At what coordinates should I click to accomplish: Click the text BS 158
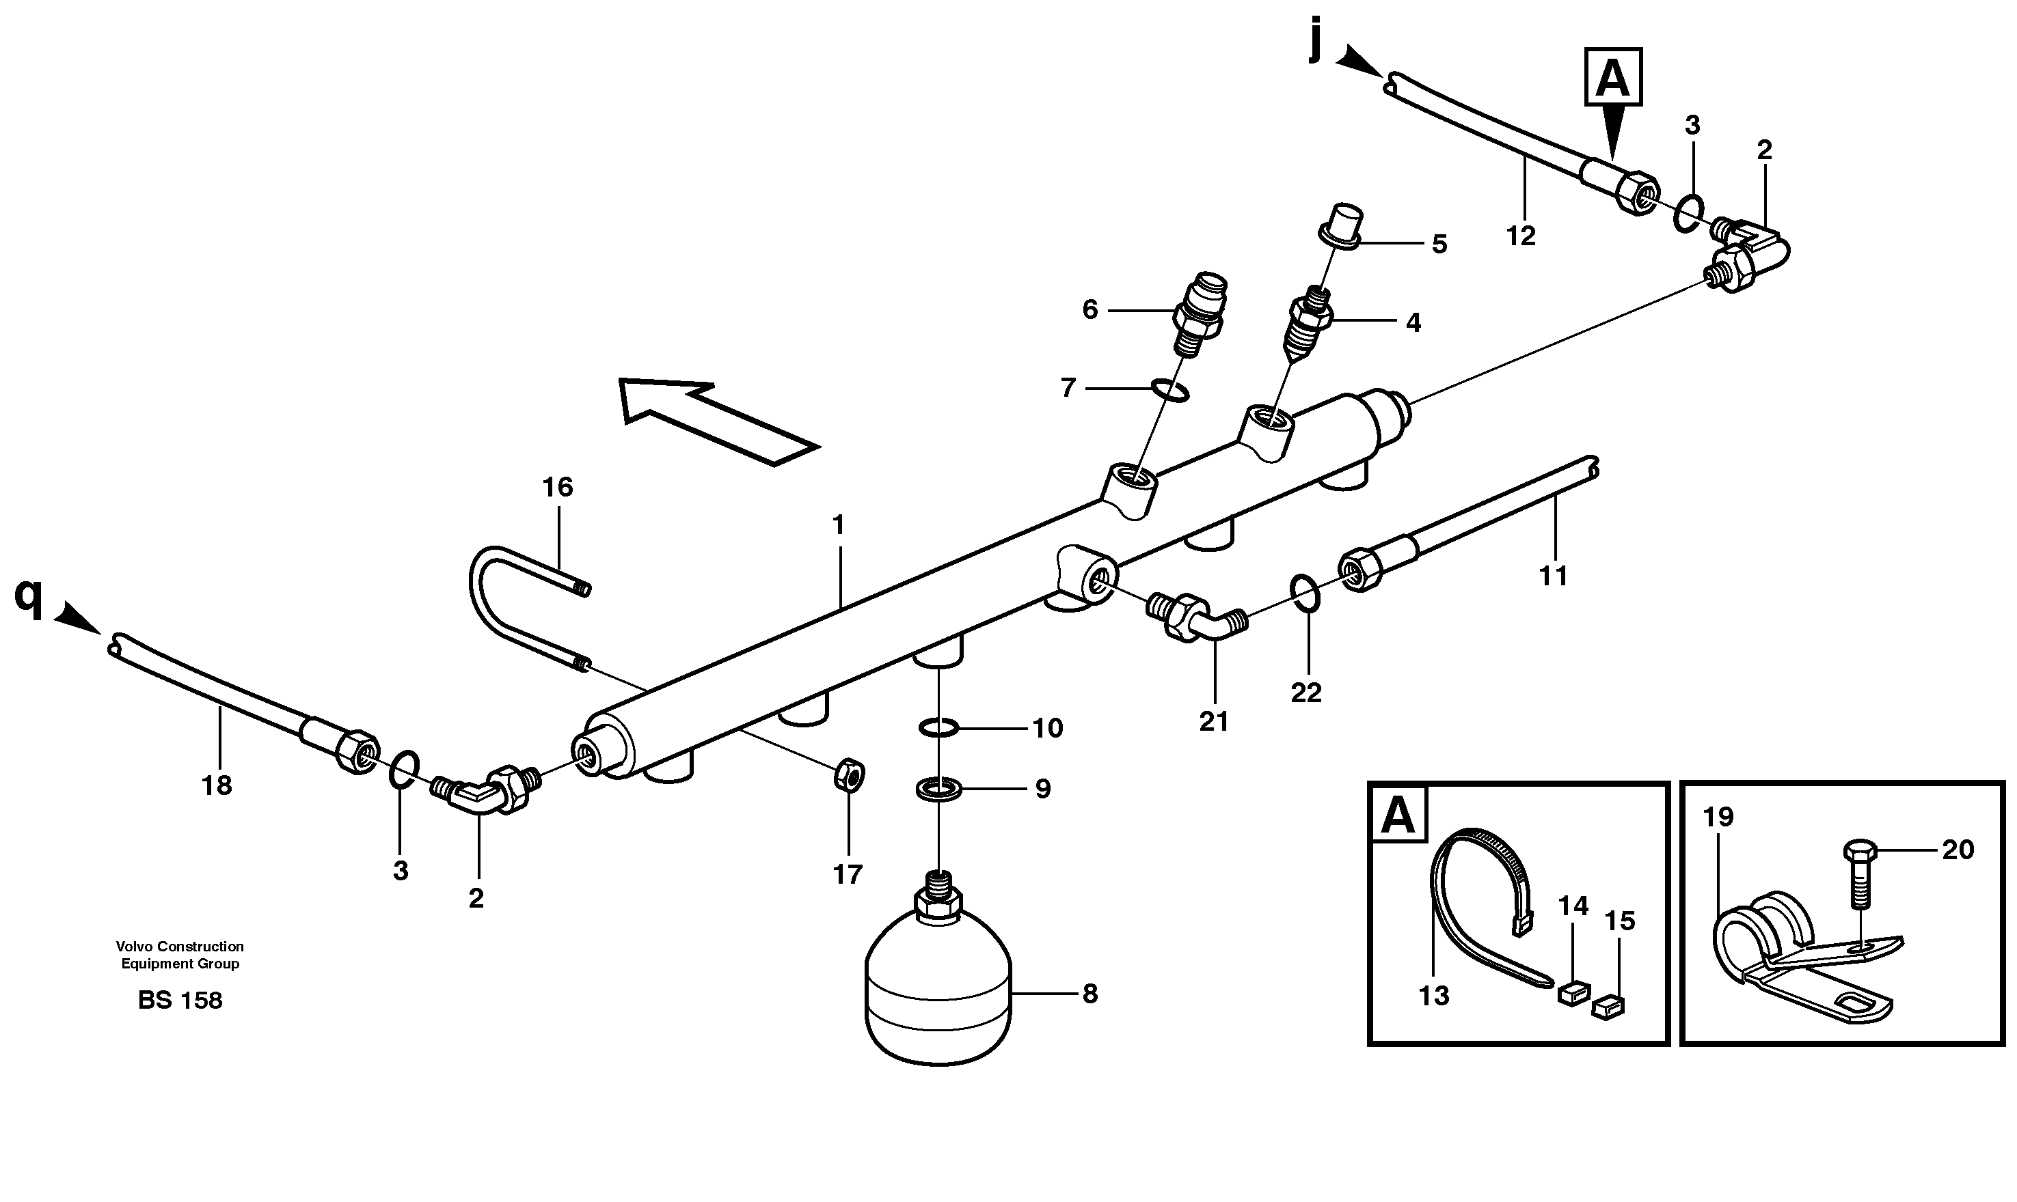180,1001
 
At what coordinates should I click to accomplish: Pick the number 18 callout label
217,785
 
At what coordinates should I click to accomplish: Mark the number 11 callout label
1553,576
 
